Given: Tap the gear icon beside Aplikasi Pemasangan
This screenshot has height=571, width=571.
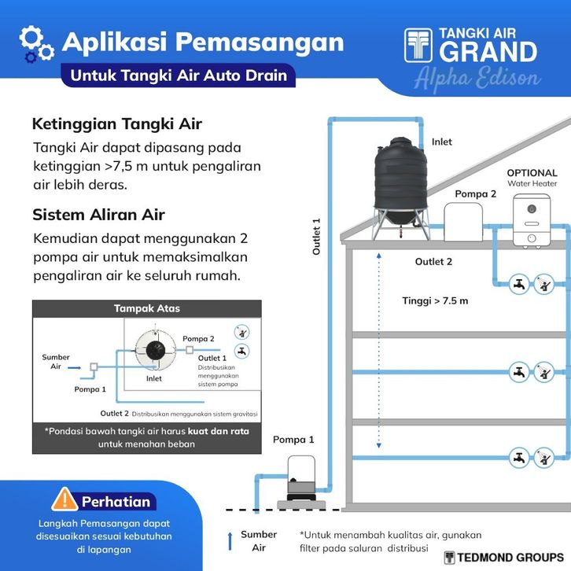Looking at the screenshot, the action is [x=36, y=44].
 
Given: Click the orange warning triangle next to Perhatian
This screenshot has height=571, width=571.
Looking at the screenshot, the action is [x=64, y=499].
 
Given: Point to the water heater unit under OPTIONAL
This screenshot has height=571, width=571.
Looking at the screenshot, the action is [x=532, y=221].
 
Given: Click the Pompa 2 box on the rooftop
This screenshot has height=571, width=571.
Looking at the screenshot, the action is [x=463, y=222].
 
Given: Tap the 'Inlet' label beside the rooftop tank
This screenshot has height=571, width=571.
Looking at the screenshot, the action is [x=442, y=142].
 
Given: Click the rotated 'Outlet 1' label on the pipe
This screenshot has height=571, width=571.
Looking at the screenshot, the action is [x=316, y=236].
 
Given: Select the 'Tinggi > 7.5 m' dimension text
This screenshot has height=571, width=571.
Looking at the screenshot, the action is [x=435, y=300].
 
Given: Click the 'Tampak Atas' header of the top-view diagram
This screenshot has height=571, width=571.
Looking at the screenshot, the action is [x=147, y=308].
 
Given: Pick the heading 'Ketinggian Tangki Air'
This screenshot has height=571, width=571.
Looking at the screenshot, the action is [x=117, y=123].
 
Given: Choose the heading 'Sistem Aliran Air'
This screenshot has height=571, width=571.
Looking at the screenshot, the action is [x=98, y=215].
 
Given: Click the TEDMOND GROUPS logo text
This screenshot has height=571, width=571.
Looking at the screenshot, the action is [x=510, y=557].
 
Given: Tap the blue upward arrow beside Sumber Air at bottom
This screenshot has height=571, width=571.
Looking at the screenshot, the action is [x=230, y=541].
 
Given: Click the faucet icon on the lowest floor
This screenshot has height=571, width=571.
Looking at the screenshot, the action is [x=518, y=458].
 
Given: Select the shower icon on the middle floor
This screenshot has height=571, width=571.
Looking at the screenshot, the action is [x=544, y=372].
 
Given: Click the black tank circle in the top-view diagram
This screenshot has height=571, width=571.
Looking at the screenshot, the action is [x=156, y=350].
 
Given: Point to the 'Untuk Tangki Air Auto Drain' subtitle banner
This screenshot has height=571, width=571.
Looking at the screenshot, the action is [x=179, y=76].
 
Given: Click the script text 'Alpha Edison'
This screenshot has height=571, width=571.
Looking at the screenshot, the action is [x=477, y=79].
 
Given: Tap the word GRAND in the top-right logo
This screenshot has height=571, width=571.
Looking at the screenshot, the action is [x=488, y=52].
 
